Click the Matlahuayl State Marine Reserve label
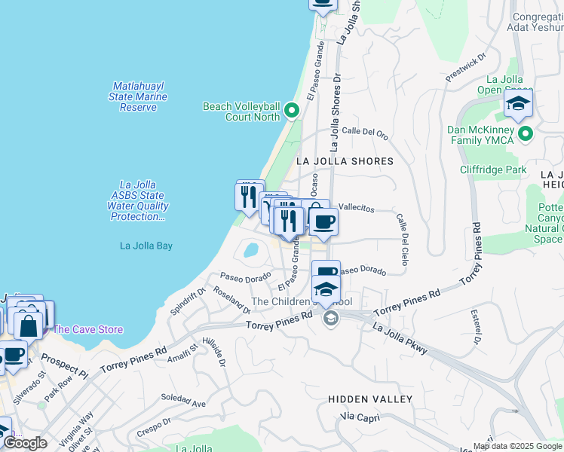pos(138,96)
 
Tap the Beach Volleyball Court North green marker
pos(292,112)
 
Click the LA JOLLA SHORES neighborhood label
pos(345,161)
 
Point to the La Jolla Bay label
pos(146,245)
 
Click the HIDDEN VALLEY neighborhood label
pos(370,399)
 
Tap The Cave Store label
pos(87,329)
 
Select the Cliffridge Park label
pos(493,169)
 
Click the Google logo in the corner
pos(25,443)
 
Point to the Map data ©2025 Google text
pos(517,446)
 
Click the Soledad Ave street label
pos(183,403)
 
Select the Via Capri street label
pos(357,416)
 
